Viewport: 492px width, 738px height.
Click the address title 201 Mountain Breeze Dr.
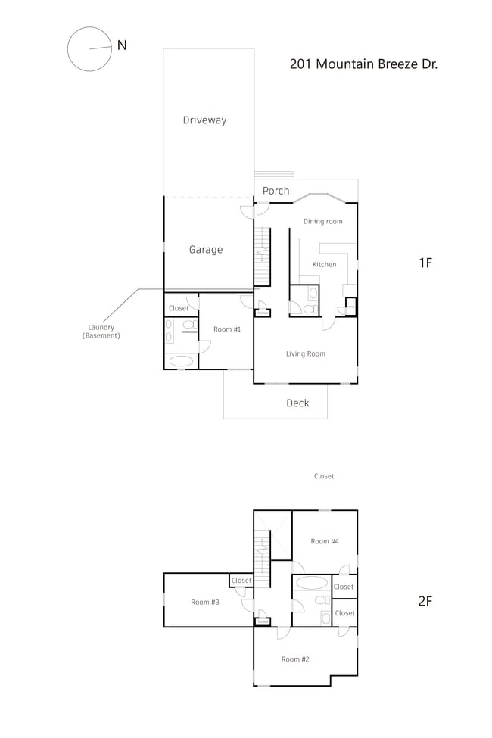point(363,64)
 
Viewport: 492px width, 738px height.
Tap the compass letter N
point(121,45)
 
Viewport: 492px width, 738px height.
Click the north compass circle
point(89,49)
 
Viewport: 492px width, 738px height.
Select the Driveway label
point(204,120)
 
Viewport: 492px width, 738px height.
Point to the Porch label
point(276,191)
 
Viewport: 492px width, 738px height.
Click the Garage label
point(206,250)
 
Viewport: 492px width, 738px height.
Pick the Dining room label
point(323,222)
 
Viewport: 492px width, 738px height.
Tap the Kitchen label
point(324,265)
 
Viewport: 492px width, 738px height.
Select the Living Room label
point(306,353)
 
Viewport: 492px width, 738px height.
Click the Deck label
point(297,403)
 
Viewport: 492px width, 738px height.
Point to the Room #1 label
point(227,329)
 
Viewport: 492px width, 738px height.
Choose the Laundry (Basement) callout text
point(101,332)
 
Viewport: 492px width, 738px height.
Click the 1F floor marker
point(425,263)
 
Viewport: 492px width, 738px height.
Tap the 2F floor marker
point(425,602)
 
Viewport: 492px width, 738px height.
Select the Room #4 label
point(324,541)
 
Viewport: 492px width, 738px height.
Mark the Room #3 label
point(204,603)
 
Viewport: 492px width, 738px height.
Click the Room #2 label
point(295,659)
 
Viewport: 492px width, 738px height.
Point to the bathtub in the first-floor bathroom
point(181,361)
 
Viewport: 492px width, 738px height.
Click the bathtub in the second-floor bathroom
point(311,584)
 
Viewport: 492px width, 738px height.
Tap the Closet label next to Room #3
point(241,581)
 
